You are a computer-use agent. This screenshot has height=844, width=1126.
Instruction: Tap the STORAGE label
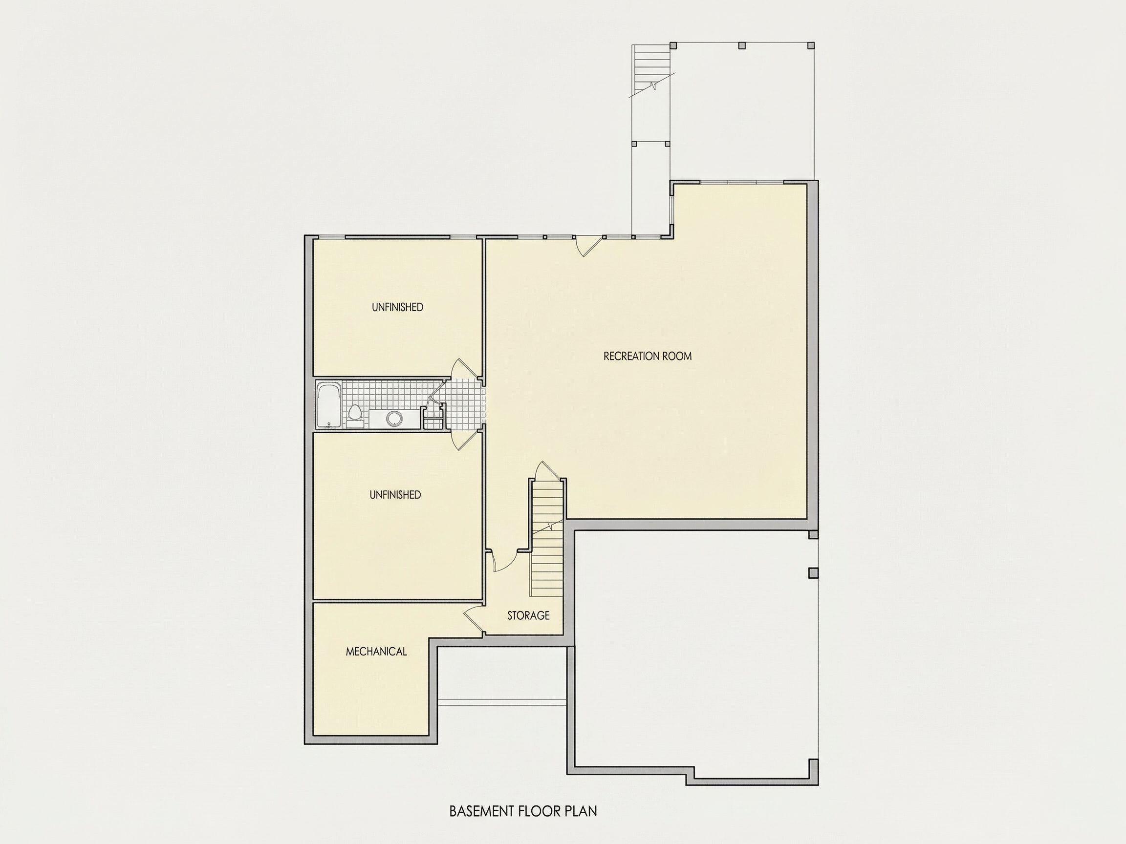click(x=528, y=615)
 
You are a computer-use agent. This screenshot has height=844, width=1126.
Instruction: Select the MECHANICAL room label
click(x=376, y=652)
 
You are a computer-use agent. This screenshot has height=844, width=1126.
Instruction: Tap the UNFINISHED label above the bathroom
click(x=397, y=307)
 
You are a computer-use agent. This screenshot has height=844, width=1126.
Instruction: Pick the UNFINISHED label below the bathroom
click(x=395, y=495)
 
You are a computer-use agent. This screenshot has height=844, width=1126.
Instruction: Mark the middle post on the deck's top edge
click(x=742, y=45)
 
